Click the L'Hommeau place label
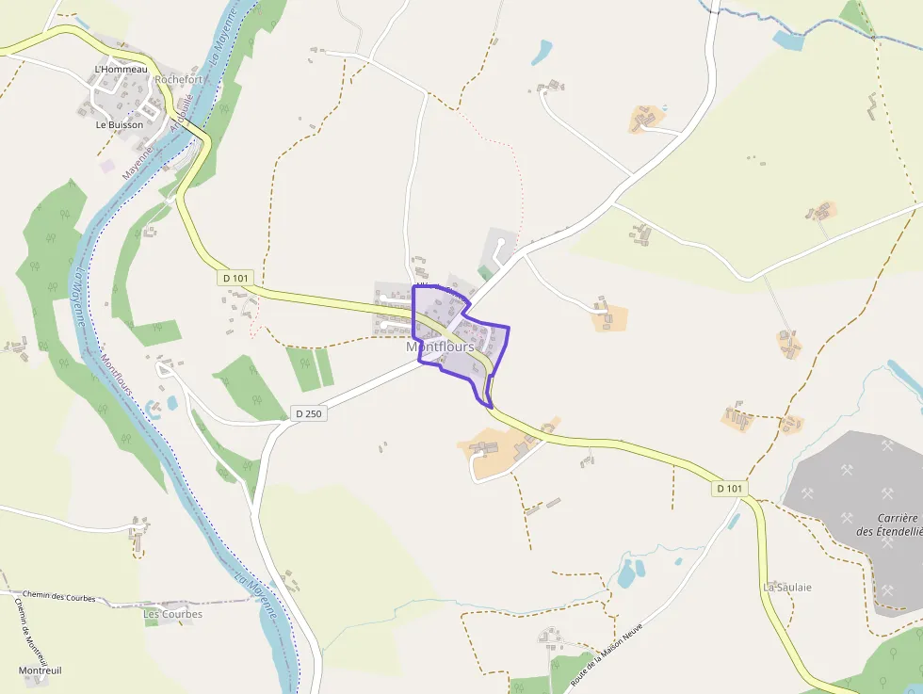click(x=121, y=69)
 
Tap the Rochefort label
click(x=179, y=80)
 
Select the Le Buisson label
click(x=120, y=124)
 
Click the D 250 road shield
click(x=308, y=413)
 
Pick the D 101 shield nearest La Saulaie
click(x=730, y=488)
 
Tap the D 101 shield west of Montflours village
click(x=236, y=278)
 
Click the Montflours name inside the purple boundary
click(x=440, y=347)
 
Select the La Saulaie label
click(x=786, y=587)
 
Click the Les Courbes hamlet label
click(x=172, y=614)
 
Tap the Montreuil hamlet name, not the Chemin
click(x=40, y=670)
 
